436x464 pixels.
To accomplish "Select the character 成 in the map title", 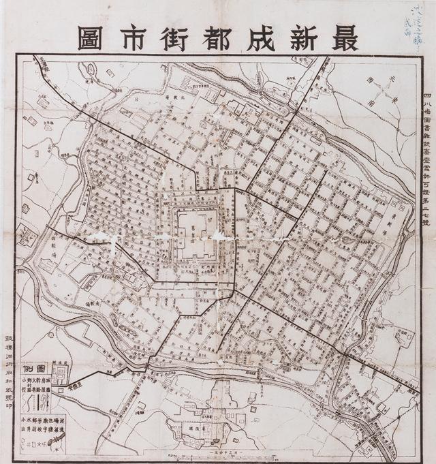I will click(x=255, y=38).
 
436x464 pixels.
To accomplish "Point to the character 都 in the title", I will click(x=211, y=38).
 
